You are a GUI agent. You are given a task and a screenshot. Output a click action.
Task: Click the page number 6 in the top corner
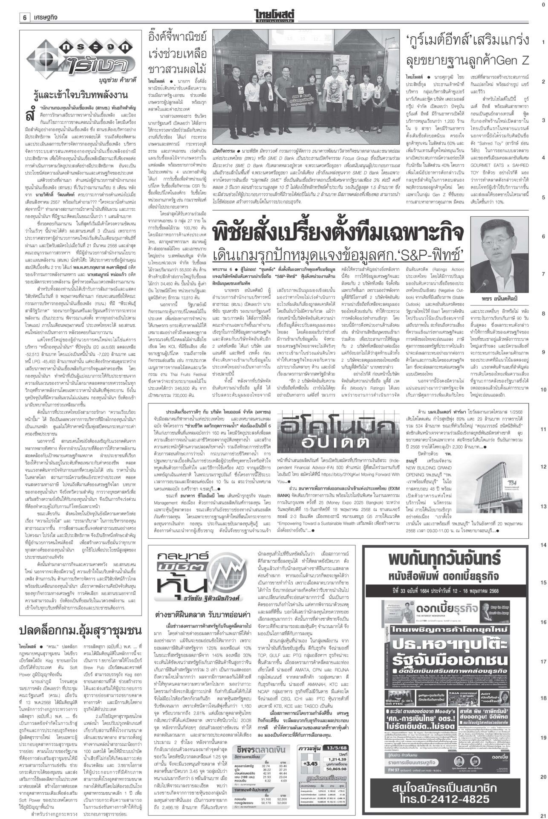point(25,17)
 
